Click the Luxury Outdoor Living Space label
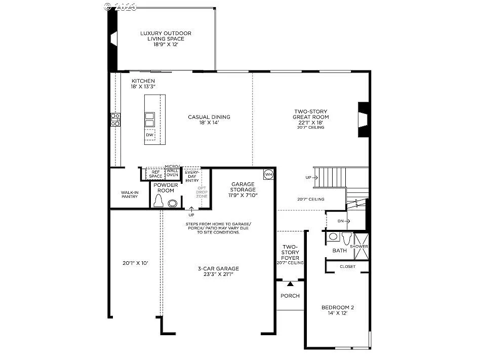[x=166, y=39]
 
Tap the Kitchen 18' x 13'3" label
[x=143, y=84]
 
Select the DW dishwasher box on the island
[x=150, y=135]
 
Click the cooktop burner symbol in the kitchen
[x=115, y=120]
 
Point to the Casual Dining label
[x=209, y=119]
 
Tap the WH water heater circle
[x=268, y=174]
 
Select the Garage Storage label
[x=243, y=189]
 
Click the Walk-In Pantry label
[x=130, y=194]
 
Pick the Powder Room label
[x=166, y=188]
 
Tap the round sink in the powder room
[x=173, y=203]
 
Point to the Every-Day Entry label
[x=192, y=176]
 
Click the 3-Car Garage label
[x=218, y=272]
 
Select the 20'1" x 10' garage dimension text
[x=135, y=263]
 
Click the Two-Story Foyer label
[x=290, y=255]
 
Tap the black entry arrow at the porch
[x=290, y=285]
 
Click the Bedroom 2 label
[x=338, y=310]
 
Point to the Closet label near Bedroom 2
[x=347, y=266]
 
